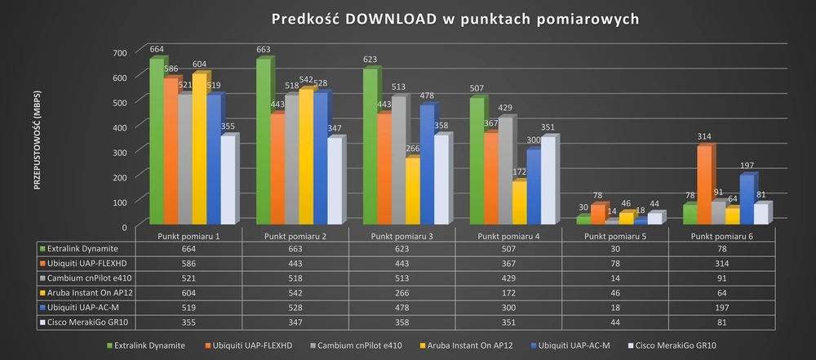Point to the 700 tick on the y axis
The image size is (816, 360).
pos(121,53)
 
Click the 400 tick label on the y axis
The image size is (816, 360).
pos(121,127)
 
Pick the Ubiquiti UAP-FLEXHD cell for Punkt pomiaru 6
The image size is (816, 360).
pos(721,264)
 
